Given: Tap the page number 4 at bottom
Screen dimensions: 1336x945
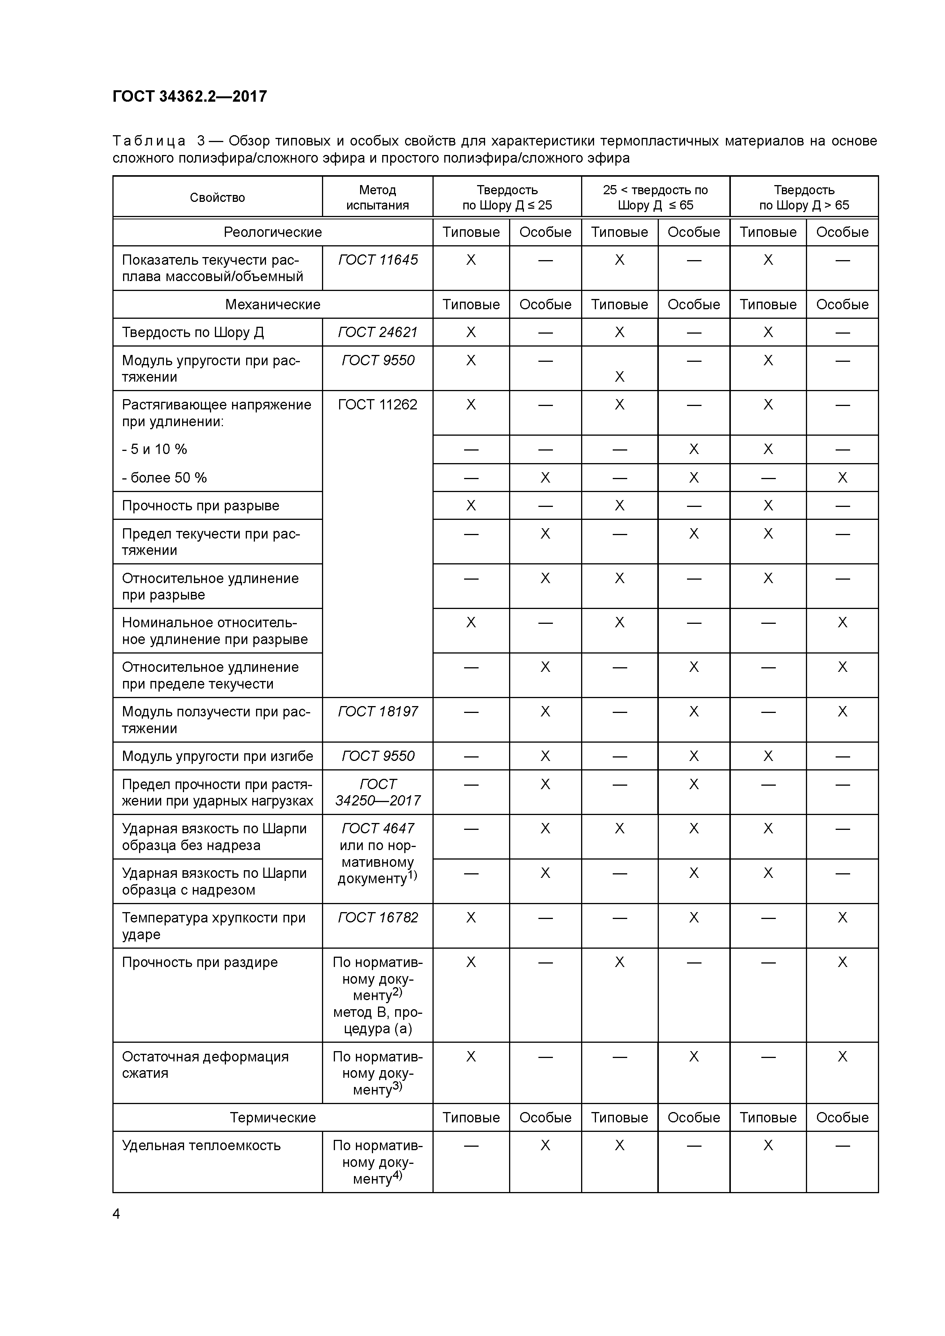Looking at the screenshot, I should pyautogui.click(x=117, y=1213).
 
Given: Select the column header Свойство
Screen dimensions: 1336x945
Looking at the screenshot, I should pyautogui.click(x=217, y=197).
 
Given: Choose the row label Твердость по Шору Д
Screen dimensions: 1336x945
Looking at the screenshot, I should pyautogui.click(x=193, y=332).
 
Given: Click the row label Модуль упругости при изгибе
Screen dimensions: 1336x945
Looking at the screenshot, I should pyautogui.click(x=217, y=756).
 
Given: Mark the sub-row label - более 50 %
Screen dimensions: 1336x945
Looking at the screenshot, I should pyautogui.click(x=164, y=478).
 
